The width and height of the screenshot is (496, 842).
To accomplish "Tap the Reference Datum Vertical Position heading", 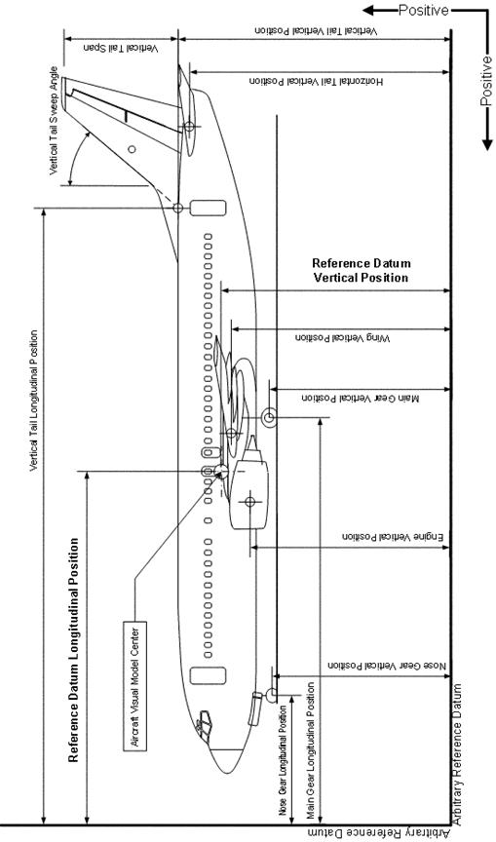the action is click(x=362, y=271).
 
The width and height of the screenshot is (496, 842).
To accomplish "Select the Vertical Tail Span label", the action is click(x=121, y=49).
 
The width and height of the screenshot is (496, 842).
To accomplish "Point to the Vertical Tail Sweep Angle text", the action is click(x=54, y=120).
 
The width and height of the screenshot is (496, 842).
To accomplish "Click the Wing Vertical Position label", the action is click(x=343, y=338).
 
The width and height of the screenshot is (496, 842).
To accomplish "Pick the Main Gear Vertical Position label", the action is click(x=361, y=399).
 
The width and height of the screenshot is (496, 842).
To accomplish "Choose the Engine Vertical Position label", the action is click(x=393, y=536).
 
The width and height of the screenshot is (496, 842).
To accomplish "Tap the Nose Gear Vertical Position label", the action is click(x=387, y=666).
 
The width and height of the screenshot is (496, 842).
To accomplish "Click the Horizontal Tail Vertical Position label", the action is click(x=317, y=81).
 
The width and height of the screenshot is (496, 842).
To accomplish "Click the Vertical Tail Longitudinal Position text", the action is click(x=34, y=401).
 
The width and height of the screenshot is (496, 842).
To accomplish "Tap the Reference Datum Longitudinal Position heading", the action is click(x=73, y=649).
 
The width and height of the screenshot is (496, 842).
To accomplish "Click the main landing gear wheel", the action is click(x=269, y=417).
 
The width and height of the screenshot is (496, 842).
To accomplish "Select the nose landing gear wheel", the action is click(x=271, y=694).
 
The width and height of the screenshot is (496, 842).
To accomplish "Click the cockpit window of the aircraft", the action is click(x=204, y=726).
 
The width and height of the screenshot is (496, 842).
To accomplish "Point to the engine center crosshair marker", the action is click(x=249, y=502).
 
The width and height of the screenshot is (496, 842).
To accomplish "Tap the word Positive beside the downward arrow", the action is click(x=486, y=81).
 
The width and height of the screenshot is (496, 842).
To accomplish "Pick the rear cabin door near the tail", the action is click(x=209, y=208).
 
